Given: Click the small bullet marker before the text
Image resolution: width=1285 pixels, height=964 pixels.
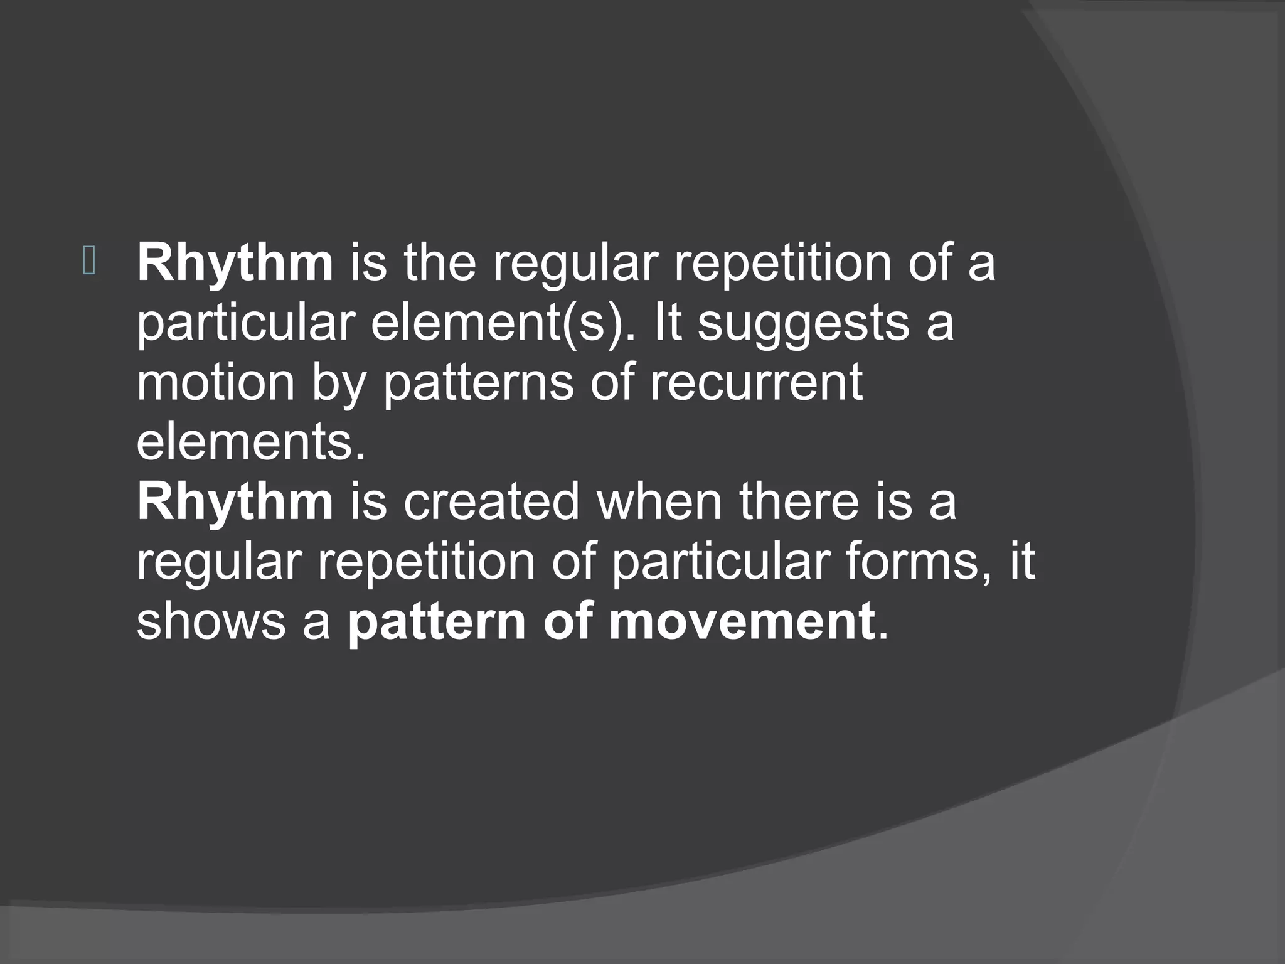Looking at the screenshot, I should click(88, 262).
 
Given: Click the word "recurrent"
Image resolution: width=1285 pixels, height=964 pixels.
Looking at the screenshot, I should click(756, 383).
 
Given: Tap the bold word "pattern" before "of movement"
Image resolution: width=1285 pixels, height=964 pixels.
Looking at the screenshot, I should click(436, 623).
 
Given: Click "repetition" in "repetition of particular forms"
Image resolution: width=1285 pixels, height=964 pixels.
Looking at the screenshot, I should click(426, 563).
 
